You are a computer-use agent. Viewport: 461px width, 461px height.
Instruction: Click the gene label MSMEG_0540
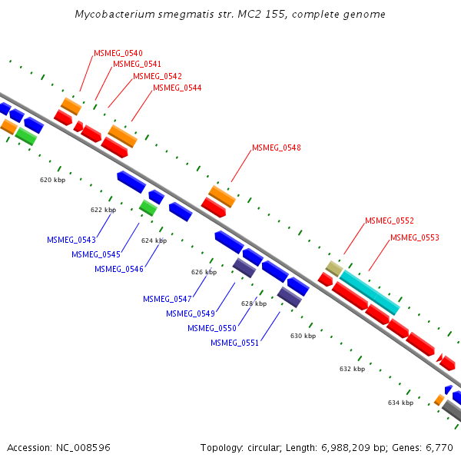(x=118, y=53)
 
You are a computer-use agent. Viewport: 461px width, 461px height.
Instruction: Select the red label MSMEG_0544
(x=177, y=88)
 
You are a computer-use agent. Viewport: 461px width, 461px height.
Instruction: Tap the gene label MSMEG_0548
(x=276, y=148)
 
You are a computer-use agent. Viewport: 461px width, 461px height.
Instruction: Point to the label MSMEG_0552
(x=389, y=221)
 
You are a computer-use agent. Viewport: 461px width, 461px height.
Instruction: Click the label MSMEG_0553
(x=414, y=237)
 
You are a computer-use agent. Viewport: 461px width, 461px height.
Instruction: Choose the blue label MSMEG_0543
(x=71, y=240)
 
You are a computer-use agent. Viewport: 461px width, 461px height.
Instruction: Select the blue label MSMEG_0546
(x=118, y=269)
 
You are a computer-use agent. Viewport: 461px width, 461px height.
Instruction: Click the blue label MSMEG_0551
(x=234, y=343)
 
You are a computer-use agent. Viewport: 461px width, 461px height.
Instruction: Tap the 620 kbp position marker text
(x=52, y=180)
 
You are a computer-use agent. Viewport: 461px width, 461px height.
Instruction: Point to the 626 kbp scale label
(x=204, y=272)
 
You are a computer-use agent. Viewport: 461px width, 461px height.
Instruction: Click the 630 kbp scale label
(x=303, y=336)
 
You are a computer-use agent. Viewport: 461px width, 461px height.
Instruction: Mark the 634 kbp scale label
(x=400, y=403)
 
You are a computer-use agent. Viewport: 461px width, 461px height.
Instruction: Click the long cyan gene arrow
(x=370, y=292)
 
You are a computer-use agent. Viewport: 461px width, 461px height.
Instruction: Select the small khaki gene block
(x=333, y=268)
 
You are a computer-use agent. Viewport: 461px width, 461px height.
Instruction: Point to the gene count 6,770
(x=439, y=447)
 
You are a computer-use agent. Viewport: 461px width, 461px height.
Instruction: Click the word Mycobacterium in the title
(x=114, y=15)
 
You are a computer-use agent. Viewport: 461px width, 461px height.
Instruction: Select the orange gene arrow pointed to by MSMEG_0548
(x=223, y=195)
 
